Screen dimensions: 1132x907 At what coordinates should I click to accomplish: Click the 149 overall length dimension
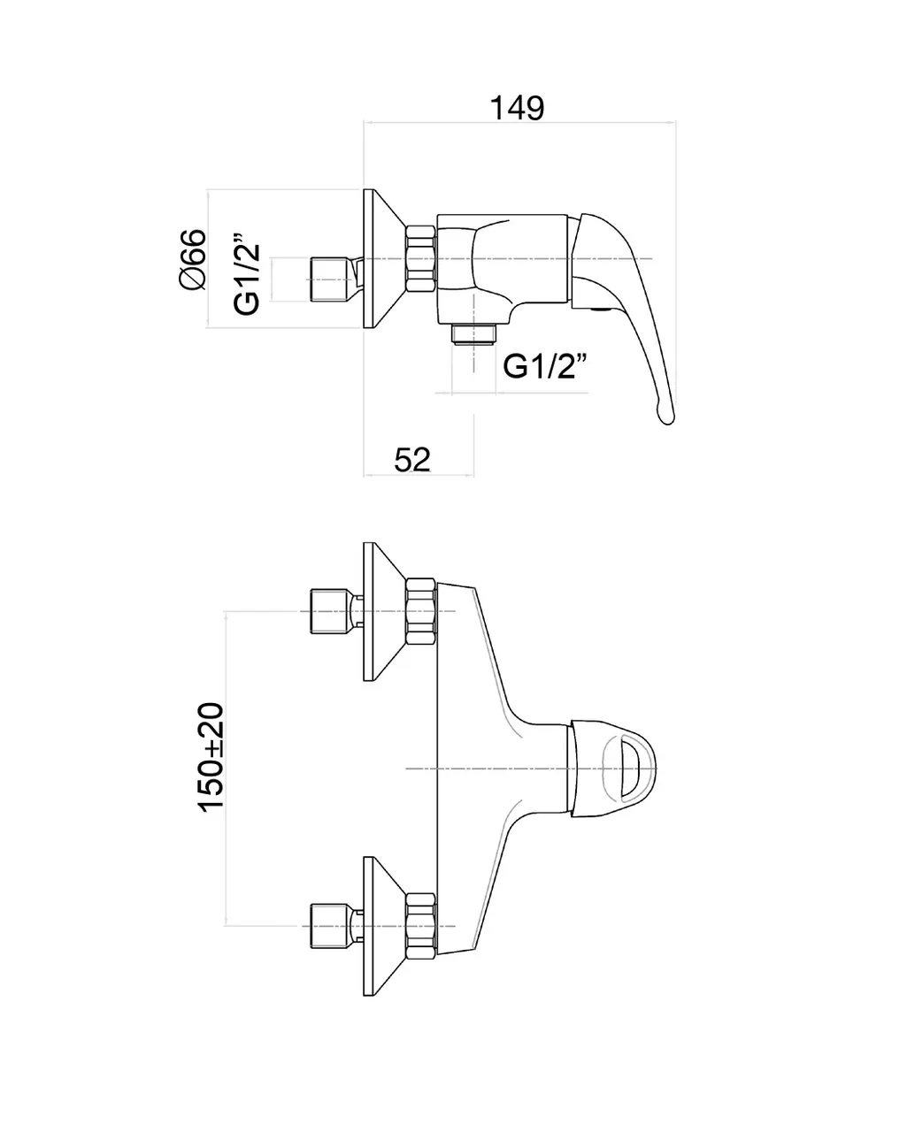coord(518,108)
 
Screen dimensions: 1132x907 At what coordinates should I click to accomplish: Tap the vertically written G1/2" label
coord(247,274)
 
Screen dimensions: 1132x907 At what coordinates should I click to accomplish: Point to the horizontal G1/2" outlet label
coord(545,365)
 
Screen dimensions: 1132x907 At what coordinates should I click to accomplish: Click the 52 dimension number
coord(411,459)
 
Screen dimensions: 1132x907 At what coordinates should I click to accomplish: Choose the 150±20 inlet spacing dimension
coord(211,758)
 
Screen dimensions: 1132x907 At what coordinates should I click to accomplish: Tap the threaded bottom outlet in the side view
coord(474,333)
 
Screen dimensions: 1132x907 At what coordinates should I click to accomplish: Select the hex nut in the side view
coord(421,258)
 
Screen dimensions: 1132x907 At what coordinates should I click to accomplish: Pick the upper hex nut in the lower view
coord(421,612)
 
